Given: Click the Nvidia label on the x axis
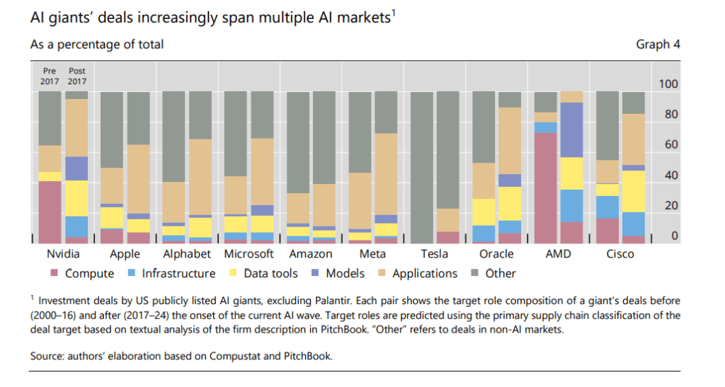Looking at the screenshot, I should [62, 253].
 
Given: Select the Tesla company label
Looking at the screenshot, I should [434, 253].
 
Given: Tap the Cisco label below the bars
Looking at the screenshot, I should [620, 253].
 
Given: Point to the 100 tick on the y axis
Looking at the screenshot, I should [668, 84].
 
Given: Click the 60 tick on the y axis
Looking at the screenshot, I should [670, 145].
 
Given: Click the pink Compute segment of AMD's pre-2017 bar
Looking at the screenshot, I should [545, 187].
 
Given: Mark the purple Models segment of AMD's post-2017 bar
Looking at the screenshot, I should [571, 129].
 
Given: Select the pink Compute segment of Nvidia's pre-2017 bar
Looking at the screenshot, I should [50, 212].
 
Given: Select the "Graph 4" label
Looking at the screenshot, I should [658, 45].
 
